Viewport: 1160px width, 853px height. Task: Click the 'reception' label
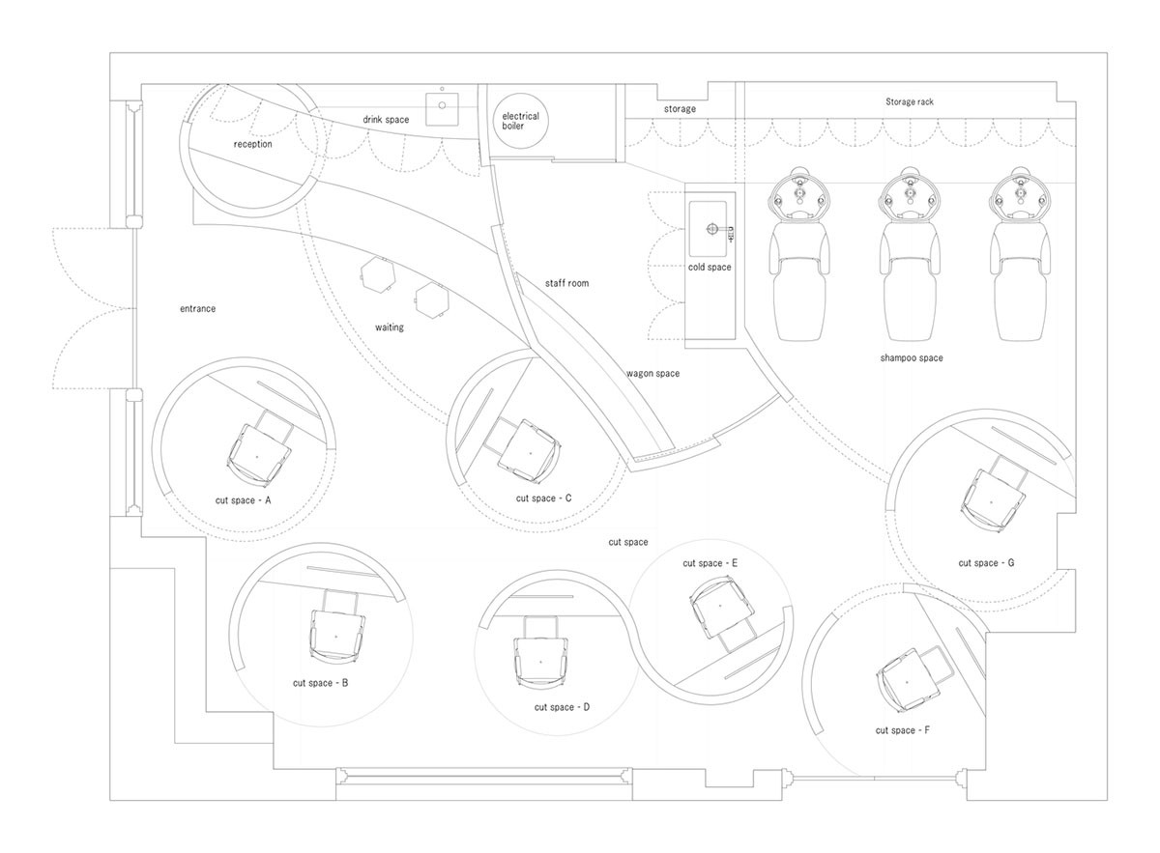pos(252,144)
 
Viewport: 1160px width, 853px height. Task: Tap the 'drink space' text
pos(386,120)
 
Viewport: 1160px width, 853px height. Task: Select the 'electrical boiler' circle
pos(520,121)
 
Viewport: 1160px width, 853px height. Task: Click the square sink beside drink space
pos(443,109)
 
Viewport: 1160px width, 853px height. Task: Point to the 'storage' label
pos(680,109)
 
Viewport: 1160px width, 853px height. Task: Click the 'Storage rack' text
pos(910,102)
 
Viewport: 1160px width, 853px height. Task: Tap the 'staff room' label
pos(566,283)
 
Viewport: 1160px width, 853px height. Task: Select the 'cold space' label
pos(710,267)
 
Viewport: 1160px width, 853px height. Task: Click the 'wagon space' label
pos(652,373)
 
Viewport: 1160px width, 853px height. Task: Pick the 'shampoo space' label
pos(912,357)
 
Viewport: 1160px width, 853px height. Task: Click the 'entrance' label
pos(197,308)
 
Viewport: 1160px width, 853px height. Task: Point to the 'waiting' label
pos(390,327)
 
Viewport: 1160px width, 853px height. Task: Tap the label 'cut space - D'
pos(562,707)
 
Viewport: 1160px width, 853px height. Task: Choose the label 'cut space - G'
pos(986,562)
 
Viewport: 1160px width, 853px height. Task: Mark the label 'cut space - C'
pos(543,498)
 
